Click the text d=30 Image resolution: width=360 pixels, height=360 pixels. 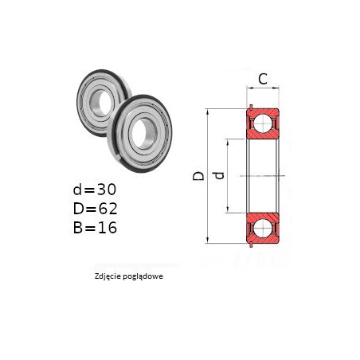coord(95,190)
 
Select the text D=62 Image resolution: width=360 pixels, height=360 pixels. coord(95,209)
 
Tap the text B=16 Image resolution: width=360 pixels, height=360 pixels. coord(95,228)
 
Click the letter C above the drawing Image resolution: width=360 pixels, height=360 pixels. coord(263,79)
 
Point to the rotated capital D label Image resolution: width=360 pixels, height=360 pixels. coord(198,176)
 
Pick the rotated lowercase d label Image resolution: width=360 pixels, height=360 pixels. coord(219,175)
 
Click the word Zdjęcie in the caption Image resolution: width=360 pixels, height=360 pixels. coord(106,276)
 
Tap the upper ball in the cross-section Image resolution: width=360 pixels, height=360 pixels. coord(263,123)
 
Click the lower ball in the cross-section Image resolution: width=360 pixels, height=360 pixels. coord(263,228)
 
